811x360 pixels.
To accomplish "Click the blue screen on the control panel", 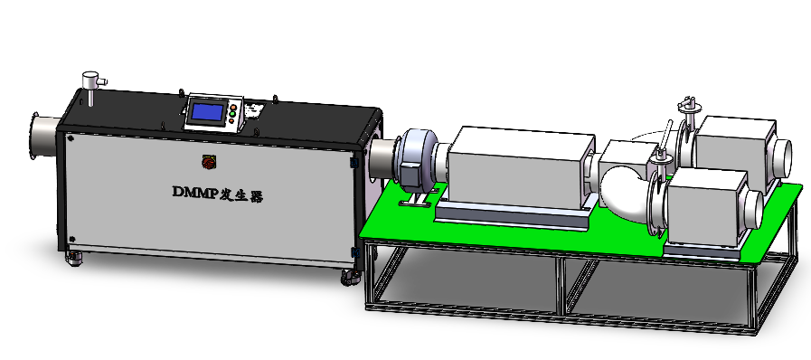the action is pyautogui.click(x=207, y=112).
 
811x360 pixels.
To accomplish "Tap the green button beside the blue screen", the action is pyautogui.click(x=232, y=114).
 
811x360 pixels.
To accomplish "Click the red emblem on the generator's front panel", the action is pyautogui.click(x=208, y=162).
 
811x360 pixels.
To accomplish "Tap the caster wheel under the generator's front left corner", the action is pyautogui.click(x=74, y=258).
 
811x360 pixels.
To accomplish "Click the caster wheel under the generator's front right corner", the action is pyautogui.click(x=351, y=278).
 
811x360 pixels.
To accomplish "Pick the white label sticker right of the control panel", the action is pyautogui.click(x=254, y=110).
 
